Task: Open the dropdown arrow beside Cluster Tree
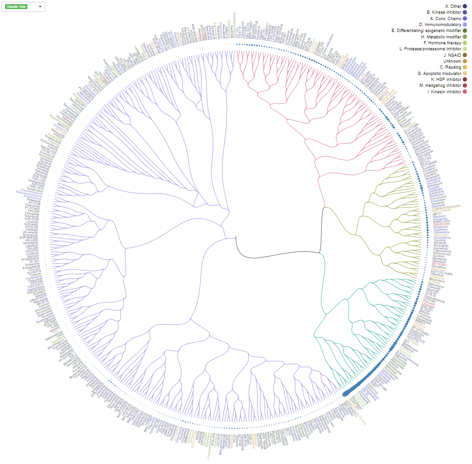[x=40, y=6]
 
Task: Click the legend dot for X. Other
[x=465, y=6]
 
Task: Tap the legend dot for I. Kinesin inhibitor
[x=465, y=92]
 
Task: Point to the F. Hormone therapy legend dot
[x=465, y=43]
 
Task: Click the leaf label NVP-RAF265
[x=28, y=238]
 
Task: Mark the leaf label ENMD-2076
[x=441, y=221]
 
